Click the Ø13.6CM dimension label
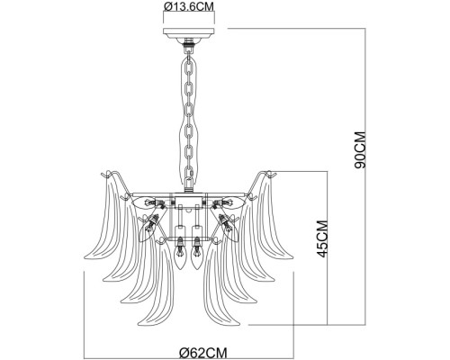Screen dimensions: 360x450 (189, 10)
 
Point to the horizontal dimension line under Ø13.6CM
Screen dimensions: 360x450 (189, 22)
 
